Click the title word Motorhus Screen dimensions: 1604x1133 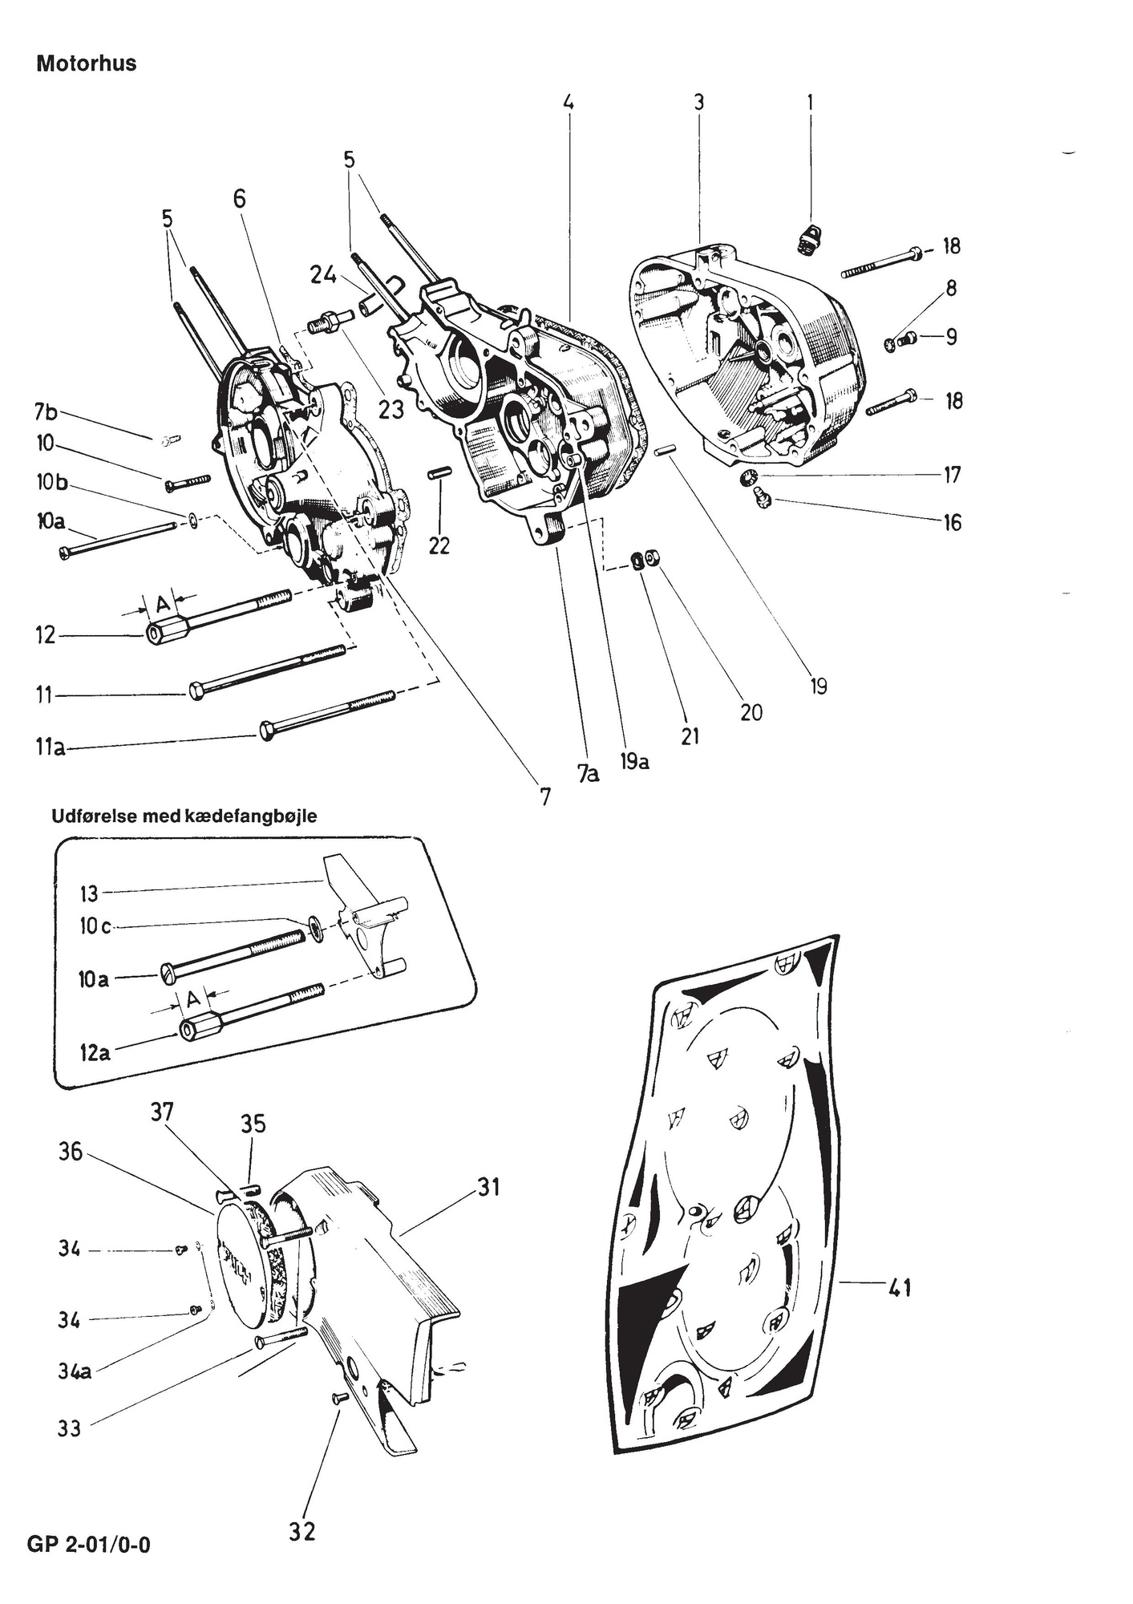(x=86, y=63)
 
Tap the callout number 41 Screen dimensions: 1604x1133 (x=900, y=1289)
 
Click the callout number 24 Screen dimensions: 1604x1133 (x=323, y=275)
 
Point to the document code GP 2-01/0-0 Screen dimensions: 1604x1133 (x=88, y=1544)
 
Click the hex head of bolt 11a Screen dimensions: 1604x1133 (x=267, y=731)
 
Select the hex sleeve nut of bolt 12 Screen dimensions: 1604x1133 (x=165, y=634)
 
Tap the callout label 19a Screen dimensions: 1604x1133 (x=633, y=760)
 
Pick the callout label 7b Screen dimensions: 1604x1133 (x=46, y=412)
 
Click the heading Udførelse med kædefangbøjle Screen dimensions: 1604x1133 (x=184, y=816)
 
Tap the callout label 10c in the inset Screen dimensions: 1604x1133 (x=94, y=926)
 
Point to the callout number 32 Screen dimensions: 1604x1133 (x=301, y=1531)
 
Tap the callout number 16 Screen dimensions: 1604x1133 (x=951, y=523)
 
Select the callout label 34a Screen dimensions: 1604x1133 (x=74, y=1371)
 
